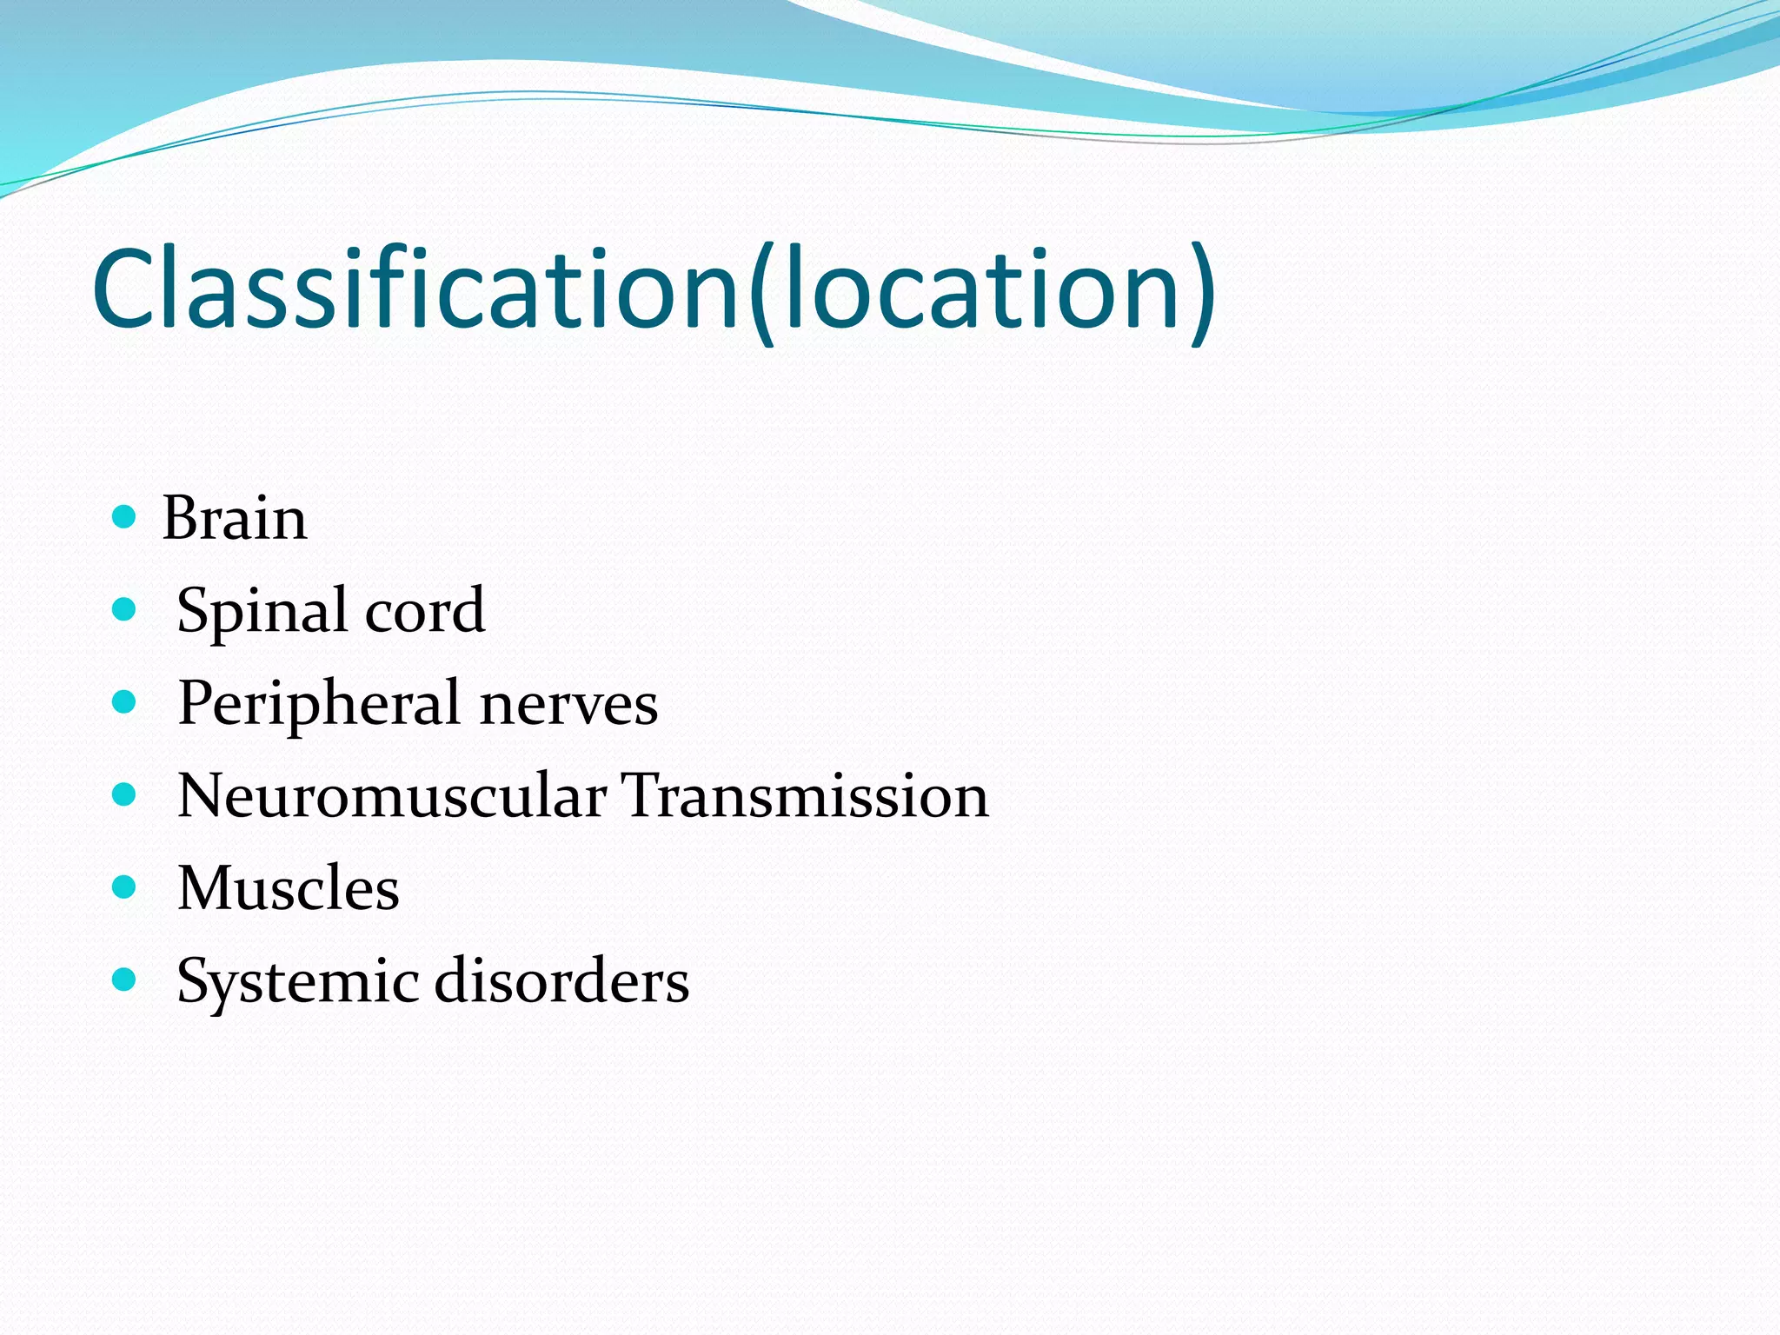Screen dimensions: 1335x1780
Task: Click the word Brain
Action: pyautogui.click(x=235, y=519)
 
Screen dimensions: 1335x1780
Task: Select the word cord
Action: pyautogui.click(x=425, y=611)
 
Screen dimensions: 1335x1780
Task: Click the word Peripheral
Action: pyautogui.click(x=319, y=704)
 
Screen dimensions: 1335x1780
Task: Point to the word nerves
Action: pyautogui.click(x=569, y=704)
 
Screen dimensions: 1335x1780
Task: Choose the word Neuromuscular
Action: pyautogui.click(x=392, y=796)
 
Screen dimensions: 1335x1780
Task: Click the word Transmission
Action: pyautogui.click(x=807, y=796)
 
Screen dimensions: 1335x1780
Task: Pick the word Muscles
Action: pyautogui.click(x=289, y=889)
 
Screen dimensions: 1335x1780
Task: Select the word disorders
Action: pyautogui.click(x=561, y=981)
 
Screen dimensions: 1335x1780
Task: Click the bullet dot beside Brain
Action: pyautogui.click(x=125, y=517)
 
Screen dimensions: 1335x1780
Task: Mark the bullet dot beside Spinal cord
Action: pyautogui.click(x=125, y=609)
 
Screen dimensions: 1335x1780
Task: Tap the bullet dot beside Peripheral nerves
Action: pyautogui.click(x=125, y=701)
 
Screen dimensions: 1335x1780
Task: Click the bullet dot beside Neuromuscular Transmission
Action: pyautogui.click(x=125, y=794)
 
